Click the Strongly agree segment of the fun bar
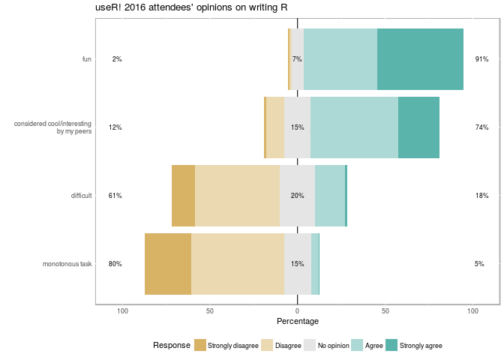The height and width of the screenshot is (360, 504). [420, 59]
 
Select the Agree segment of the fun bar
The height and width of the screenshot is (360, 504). [340, 59]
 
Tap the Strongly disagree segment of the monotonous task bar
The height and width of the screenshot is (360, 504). [168, 263]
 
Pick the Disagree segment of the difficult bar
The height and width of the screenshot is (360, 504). [237, 196]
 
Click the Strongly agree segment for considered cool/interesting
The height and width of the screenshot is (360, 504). [418, 127]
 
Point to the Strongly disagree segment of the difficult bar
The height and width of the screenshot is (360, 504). [183, 196]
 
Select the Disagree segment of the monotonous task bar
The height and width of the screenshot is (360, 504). [238, 263]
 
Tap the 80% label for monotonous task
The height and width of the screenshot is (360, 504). [115, 264]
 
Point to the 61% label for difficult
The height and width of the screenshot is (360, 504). [115, 196]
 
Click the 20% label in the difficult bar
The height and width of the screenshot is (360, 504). [297, 196]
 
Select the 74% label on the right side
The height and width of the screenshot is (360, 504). [481, 127]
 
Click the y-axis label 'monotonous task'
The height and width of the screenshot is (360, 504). [67, 264]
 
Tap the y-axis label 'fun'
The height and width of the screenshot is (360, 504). [87, 59]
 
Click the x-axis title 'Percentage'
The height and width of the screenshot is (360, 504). [298, 321]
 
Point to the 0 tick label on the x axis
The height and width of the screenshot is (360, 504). [298, 310]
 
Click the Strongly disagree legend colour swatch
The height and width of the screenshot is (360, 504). [200, 345]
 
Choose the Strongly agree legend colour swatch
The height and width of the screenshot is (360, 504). [391, 345]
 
